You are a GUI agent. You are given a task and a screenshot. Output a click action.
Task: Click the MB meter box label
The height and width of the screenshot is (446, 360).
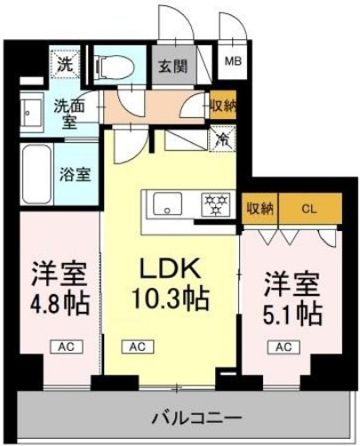pyautogui.click(x=232, y=61)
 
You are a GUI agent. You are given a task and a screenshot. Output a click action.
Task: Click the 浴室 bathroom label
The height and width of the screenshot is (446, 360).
pyautogui.click(x=73, y=173)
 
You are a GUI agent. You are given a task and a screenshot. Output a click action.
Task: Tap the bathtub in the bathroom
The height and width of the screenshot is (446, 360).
pyautogui.click(x=40, y=173)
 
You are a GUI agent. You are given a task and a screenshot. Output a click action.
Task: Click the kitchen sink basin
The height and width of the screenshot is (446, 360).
pyautogui.click(x=164, y=205)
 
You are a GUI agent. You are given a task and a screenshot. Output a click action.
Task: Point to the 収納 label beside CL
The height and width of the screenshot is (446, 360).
pyautogui.click(x=260, y=209)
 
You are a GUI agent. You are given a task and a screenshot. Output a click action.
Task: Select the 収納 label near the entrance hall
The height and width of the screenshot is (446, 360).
pyautogui.click(x=222, y=105)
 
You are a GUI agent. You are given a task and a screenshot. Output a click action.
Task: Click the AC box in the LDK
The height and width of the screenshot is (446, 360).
pyautogui.click(x=140, y=347)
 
